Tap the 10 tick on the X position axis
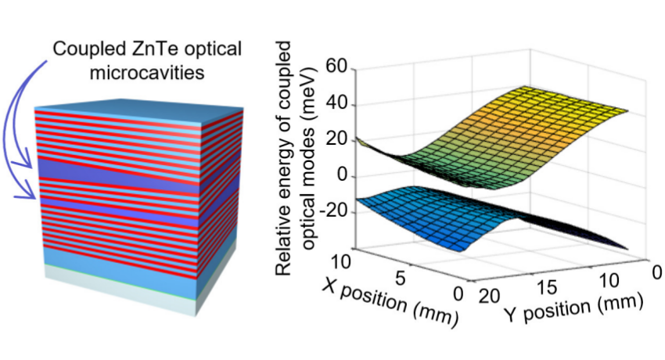(x=350, y=257)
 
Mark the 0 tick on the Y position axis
(x=656, y=271)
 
